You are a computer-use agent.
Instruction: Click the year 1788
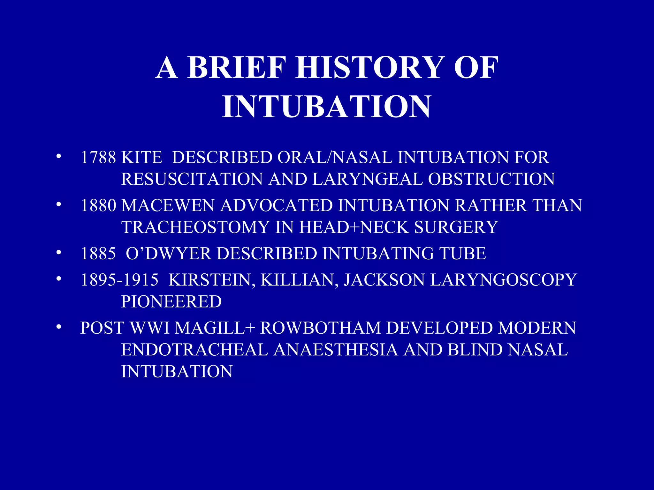click(98, 157)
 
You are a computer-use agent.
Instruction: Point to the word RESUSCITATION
click(192, 179)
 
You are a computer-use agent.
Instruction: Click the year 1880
click(98, 205)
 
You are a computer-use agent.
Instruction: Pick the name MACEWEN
click(168, 205)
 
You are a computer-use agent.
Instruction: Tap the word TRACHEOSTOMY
click(195, 227)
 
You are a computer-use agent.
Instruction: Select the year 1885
click(98, 254)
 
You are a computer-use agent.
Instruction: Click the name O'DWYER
click(168, 254)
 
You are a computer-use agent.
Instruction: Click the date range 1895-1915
click(119, 280)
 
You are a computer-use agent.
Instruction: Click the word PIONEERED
click(171, 301)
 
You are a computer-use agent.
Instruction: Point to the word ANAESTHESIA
click(336, 350)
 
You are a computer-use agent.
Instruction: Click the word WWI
click(149, 328)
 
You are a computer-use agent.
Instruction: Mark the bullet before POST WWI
click(58, 327)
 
